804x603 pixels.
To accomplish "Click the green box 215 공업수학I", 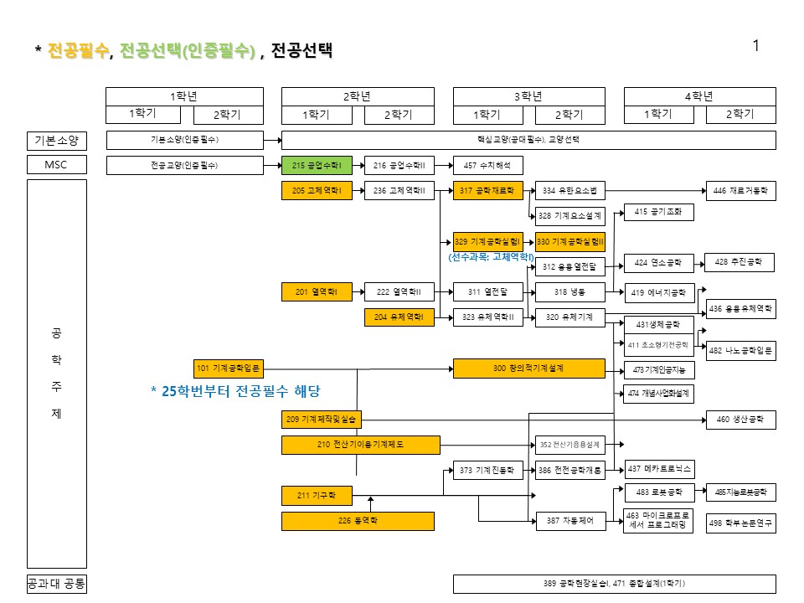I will point(317,166).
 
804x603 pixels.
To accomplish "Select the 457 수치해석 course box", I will point(487,166).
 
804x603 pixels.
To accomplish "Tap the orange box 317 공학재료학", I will point(487,191).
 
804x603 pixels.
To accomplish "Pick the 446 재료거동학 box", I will point(741,191).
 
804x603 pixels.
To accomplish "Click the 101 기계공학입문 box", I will point(229,368).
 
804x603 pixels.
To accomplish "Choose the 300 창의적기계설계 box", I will point(528,368).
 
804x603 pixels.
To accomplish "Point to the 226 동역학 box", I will point(358,521).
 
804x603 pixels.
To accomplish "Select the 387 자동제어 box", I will point(569,521).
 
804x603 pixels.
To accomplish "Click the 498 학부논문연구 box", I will point(741,523).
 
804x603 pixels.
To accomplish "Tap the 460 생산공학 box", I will point(741,420).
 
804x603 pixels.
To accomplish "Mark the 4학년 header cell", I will point(698,95).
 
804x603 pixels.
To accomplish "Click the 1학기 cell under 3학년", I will point(487,115).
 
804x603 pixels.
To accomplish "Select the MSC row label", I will point(56,165).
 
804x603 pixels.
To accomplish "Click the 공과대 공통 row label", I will point(56,584).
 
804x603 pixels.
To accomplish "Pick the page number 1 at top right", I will point(756,46).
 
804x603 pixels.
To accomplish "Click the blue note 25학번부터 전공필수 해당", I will point(235,391).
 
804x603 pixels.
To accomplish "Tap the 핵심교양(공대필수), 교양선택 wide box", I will point(528,140).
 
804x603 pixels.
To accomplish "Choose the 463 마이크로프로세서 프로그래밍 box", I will point(659,520).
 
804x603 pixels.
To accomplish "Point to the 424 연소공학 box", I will point(659,263).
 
